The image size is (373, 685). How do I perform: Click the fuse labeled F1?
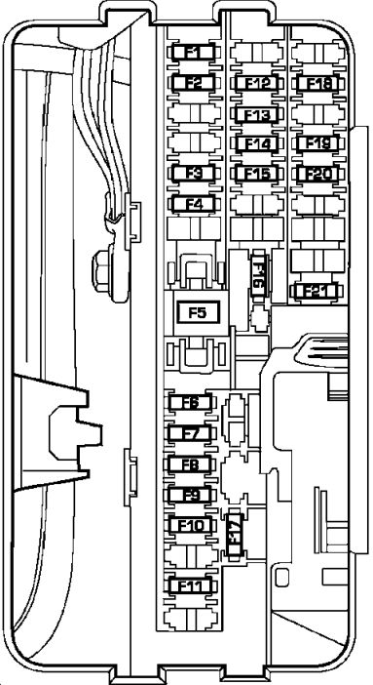click(x=193, y=52)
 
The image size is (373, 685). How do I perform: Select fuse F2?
click(x=193, y=83)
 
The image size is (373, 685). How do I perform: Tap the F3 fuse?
click(x=193, y=174)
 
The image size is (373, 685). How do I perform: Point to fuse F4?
click(x=193, y=204)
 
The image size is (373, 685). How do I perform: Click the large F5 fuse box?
click(x=197, y=312)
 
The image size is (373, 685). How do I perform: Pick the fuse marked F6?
click(x=191, y=402)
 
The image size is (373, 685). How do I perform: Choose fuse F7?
click(x=191, y=432)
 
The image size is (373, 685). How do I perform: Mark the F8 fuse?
click(x=191, y=463)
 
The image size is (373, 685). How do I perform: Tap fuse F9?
click(x=191, y=495)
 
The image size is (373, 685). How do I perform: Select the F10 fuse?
click(x=191, y=525)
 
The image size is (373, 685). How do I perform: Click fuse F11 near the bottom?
click(x=191, y=585)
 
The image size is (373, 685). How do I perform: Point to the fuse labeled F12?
click(x=257, y=83)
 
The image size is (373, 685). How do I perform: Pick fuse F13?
click(x=257, y=114)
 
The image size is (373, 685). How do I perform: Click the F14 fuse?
click(x=257, y=143)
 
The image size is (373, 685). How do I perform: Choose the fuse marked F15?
click(x=257, y=174)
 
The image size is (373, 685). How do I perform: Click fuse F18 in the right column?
click(x=318, y=83)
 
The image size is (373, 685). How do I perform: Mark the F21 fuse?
click(x=317, y=290)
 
